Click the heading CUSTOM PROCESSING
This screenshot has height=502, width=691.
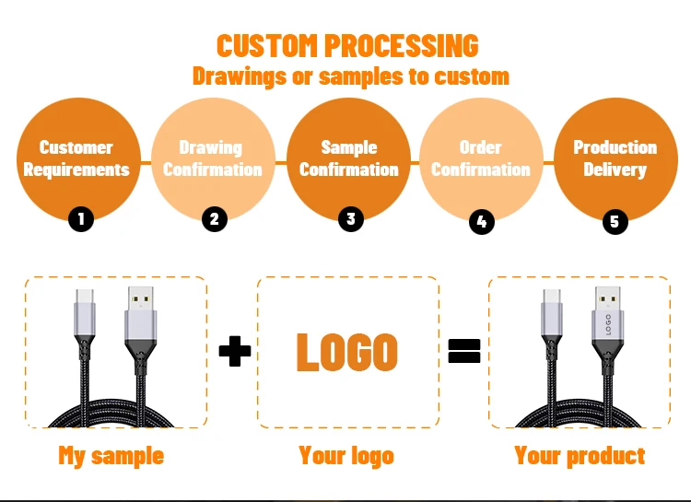347,45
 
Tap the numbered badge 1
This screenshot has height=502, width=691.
81,219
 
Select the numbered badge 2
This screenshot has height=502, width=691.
214,219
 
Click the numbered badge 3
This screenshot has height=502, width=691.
349,218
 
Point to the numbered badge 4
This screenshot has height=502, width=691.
481,221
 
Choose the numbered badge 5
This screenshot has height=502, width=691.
615,221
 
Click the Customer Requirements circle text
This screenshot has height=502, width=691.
76,158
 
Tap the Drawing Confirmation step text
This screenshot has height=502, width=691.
212,158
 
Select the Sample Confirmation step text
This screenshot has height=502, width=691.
349,158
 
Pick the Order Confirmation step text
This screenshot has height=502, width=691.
481,158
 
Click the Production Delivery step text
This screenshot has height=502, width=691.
615,158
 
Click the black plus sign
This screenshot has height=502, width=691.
234,351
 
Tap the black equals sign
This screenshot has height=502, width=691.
464,351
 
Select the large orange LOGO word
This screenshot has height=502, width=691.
347,352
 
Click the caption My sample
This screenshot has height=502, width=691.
111,455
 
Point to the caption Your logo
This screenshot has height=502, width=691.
346,455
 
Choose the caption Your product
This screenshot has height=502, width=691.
580,455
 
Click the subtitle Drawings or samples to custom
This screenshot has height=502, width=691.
350,76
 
